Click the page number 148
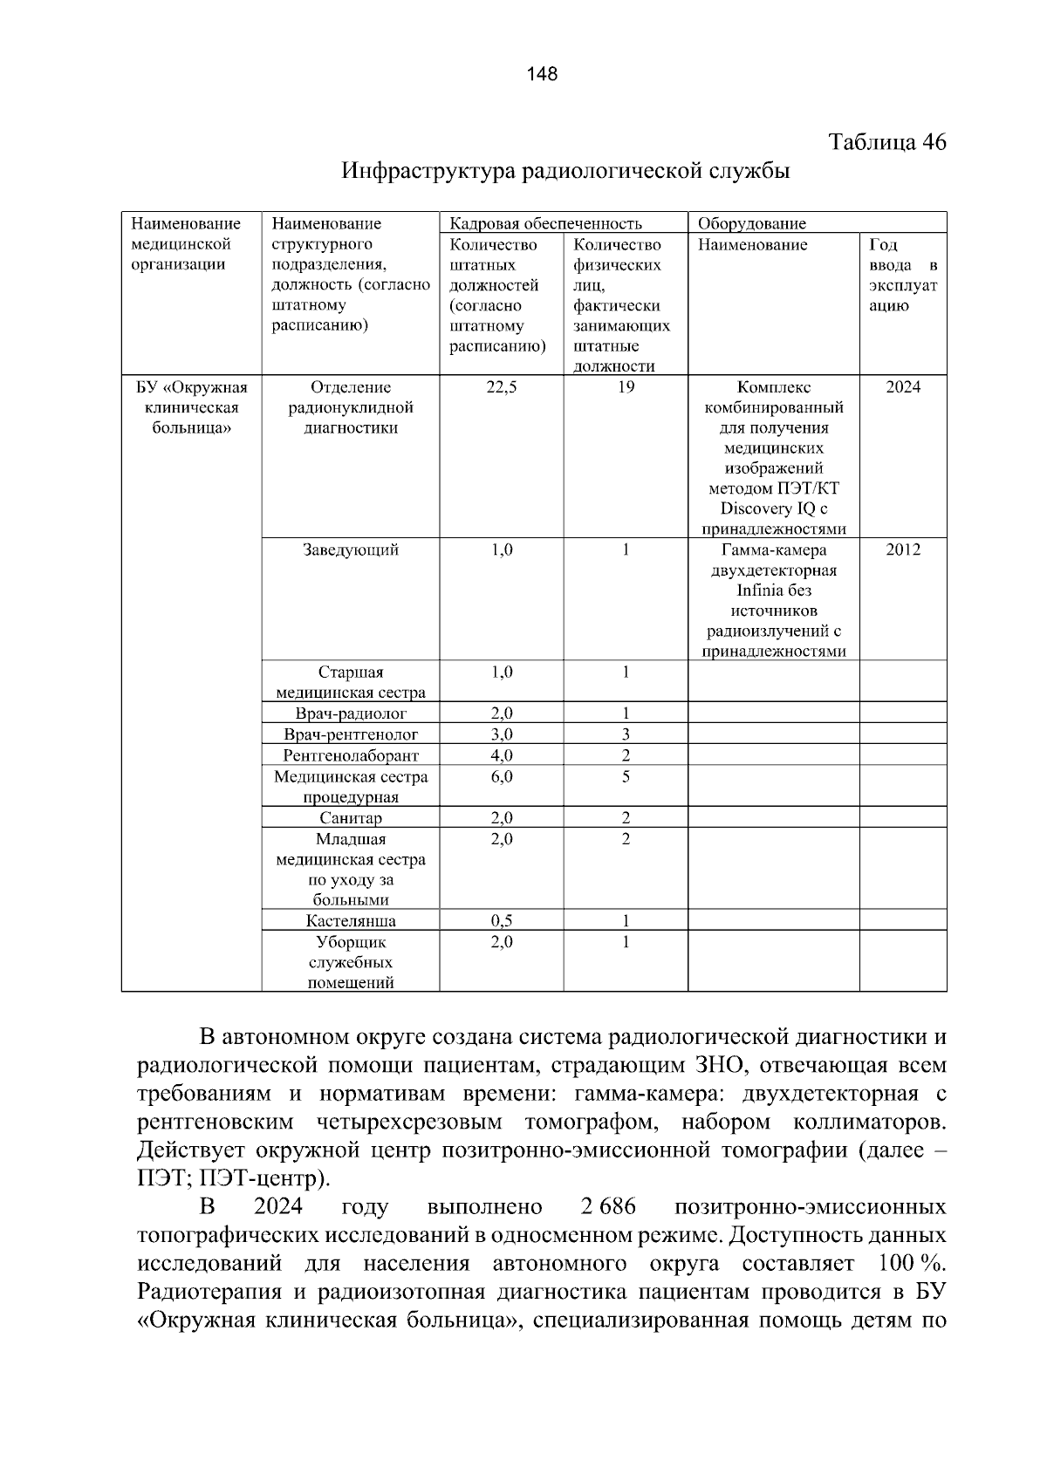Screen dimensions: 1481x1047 click(x=542, y=74)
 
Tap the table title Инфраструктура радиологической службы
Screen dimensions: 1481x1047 click(x=565, y=171)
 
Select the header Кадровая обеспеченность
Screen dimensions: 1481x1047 click(x=544, y=223)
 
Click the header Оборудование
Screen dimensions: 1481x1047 click(x=751, y=223)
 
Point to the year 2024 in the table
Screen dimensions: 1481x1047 click(x=903, y=387)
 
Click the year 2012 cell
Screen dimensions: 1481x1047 click(x=903, y=550)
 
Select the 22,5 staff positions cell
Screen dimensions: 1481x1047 click(x=501, y=387)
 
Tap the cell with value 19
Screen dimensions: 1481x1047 click(x=626, y=387)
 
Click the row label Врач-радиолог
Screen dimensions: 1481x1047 click(x=350, y=713)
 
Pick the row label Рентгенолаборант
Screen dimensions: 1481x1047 click(x=350, y=755)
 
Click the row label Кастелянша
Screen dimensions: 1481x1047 click(x=350, y=921)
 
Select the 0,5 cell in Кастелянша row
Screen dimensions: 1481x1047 click(x=501, y=921)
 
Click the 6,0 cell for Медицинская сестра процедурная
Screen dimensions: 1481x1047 click(x=501, y=776)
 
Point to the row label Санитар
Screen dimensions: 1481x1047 click(x=350, y=818)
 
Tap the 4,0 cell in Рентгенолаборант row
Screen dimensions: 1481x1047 click(x=501, y=755)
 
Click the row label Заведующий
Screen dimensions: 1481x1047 click(x=350, y=550)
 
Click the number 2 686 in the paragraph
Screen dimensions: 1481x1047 click(x=607, y=1207)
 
